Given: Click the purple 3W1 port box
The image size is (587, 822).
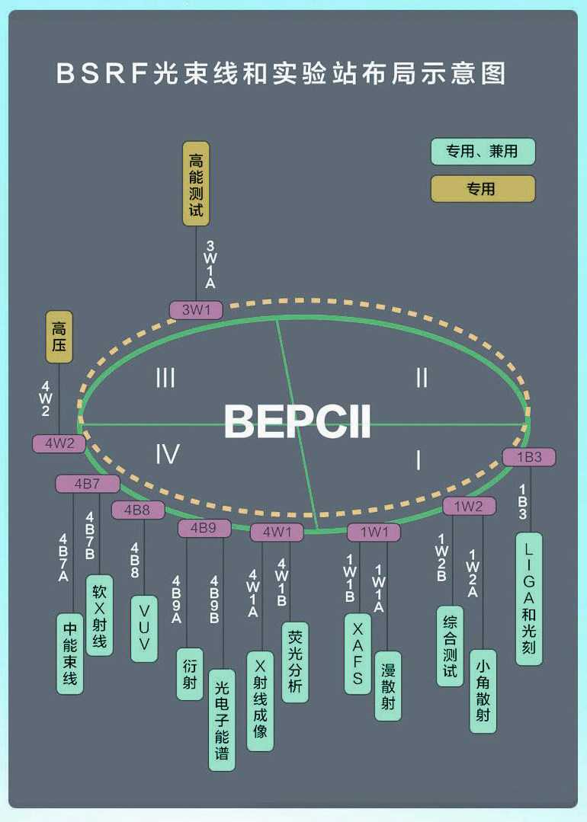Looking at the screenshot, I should [x=196, y=310].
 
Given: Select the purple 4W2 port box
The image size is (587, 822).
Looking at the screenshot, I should [x=59, y=443].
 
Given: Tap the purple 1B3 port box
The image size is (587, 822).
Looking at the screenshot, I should [x=529, y=457].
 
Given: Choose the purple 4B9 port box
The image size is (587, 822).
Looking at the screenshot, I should [x=204, y=527].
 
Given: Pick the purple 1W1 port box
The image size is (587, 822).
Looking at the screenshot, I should [x=374, y=532].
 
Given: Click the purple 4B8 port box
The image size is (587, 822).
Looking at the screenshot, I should [x=137, y=510].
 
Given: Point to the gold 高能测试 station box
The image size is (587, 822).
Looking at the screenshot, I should [x=196, y=184].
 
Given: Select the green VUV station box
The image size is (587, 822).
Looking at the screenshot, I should [x=144, y=628].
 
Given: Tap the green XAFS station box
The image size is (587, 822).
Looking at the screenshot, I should [x=358, y=654].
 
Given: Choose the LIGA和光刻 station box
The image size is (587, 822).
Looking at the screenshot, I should [x=529, y=599].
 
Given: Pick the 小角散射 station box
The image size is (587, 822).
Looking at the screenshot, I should [x=483, y=691].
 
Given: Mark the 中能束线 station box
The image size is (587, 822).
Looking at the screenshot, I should [x=70, y=654].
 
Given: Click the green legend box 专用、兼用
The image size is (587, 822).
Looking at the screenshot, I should [x=483, y=152].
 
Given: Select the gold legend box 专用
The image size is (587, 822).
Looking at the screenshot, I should [x=483, y=189].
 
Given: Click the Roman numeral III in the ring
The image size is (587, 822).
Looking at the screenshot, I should [x=165, y=378].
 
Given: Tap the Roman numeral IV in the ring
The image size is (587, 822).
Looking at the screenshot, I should [x=167, y=455].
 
